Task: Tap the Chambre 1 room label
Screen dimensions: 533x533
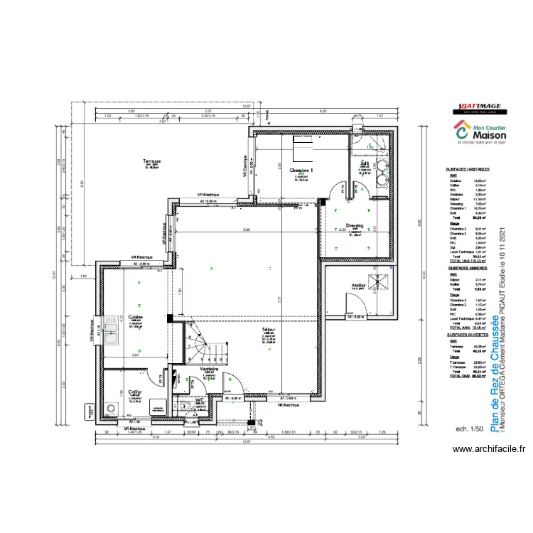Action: click(x=302, y=171)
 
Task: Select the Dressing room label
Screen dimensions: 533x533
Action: click(x=354, y=226)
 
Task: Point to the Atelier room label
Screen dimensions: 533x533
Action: click(x=358, y=286)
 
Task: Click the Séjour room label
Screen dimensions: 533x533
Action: click(x=269, y=331)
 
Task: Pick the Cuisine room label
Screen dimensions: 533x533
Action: click(x=136, y=317)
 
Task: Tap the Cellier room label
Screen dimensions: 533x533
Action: click(x=134, y=392)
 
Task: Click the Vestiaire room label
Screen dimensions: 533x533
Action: click(x=209, y=370)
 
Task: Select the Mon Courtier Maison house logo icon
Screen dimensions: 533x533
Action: click(x=461, y=131)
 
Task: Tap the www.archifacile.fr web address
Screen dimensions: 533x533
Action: click(x=490, y=448)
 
